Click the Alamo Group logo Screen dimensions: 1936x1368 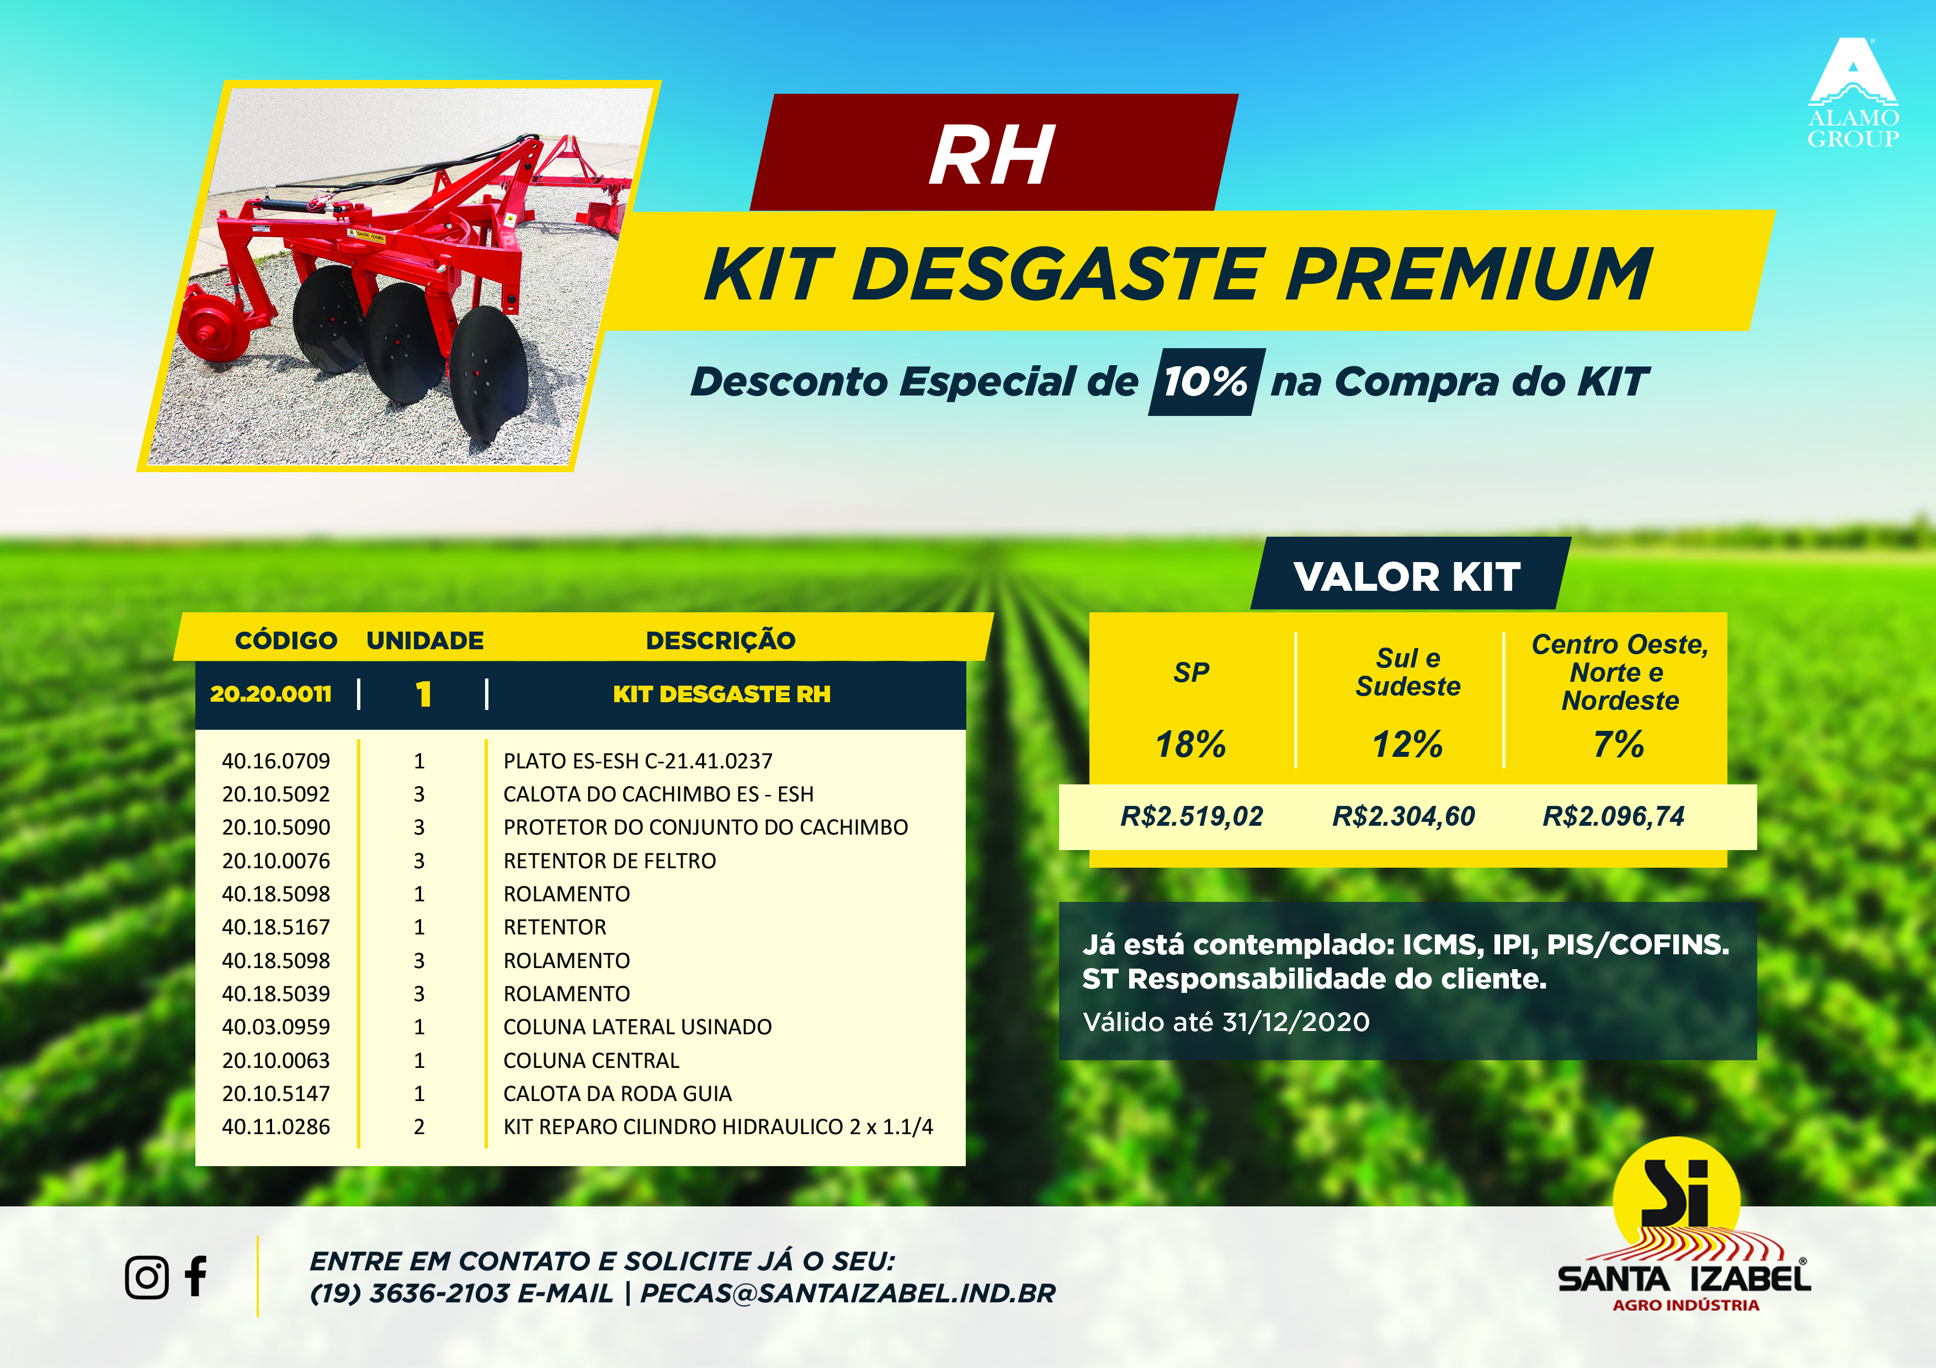[1853, 93]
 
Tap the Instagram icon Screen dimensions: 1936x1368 [147, 1277]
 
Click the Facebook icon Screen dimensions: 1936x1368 [196, 1276]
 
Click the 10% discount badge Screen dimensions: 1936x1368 [1206, 382]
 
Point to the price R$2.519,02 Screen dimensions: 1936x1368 [1192, 816]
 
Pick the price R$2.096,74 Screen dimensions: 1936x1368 [1613, 816]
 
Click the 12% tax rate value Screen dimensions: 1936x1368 [1407, 744]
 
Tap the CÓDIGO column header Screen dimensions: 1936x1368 [286, 640]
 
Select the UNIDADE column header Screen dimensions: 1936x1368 [425, 640]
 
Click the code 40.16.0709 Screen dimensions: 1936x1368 [276, 761]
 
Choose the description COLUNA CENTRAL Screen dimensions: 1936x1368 [591, 1060]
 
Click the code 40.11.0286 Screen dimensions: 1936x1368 [276, 1127]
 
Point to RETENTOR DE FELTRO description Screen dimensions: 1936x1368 [610, 861]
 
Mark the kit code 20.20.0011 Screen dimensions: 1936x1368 [270, 694]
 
